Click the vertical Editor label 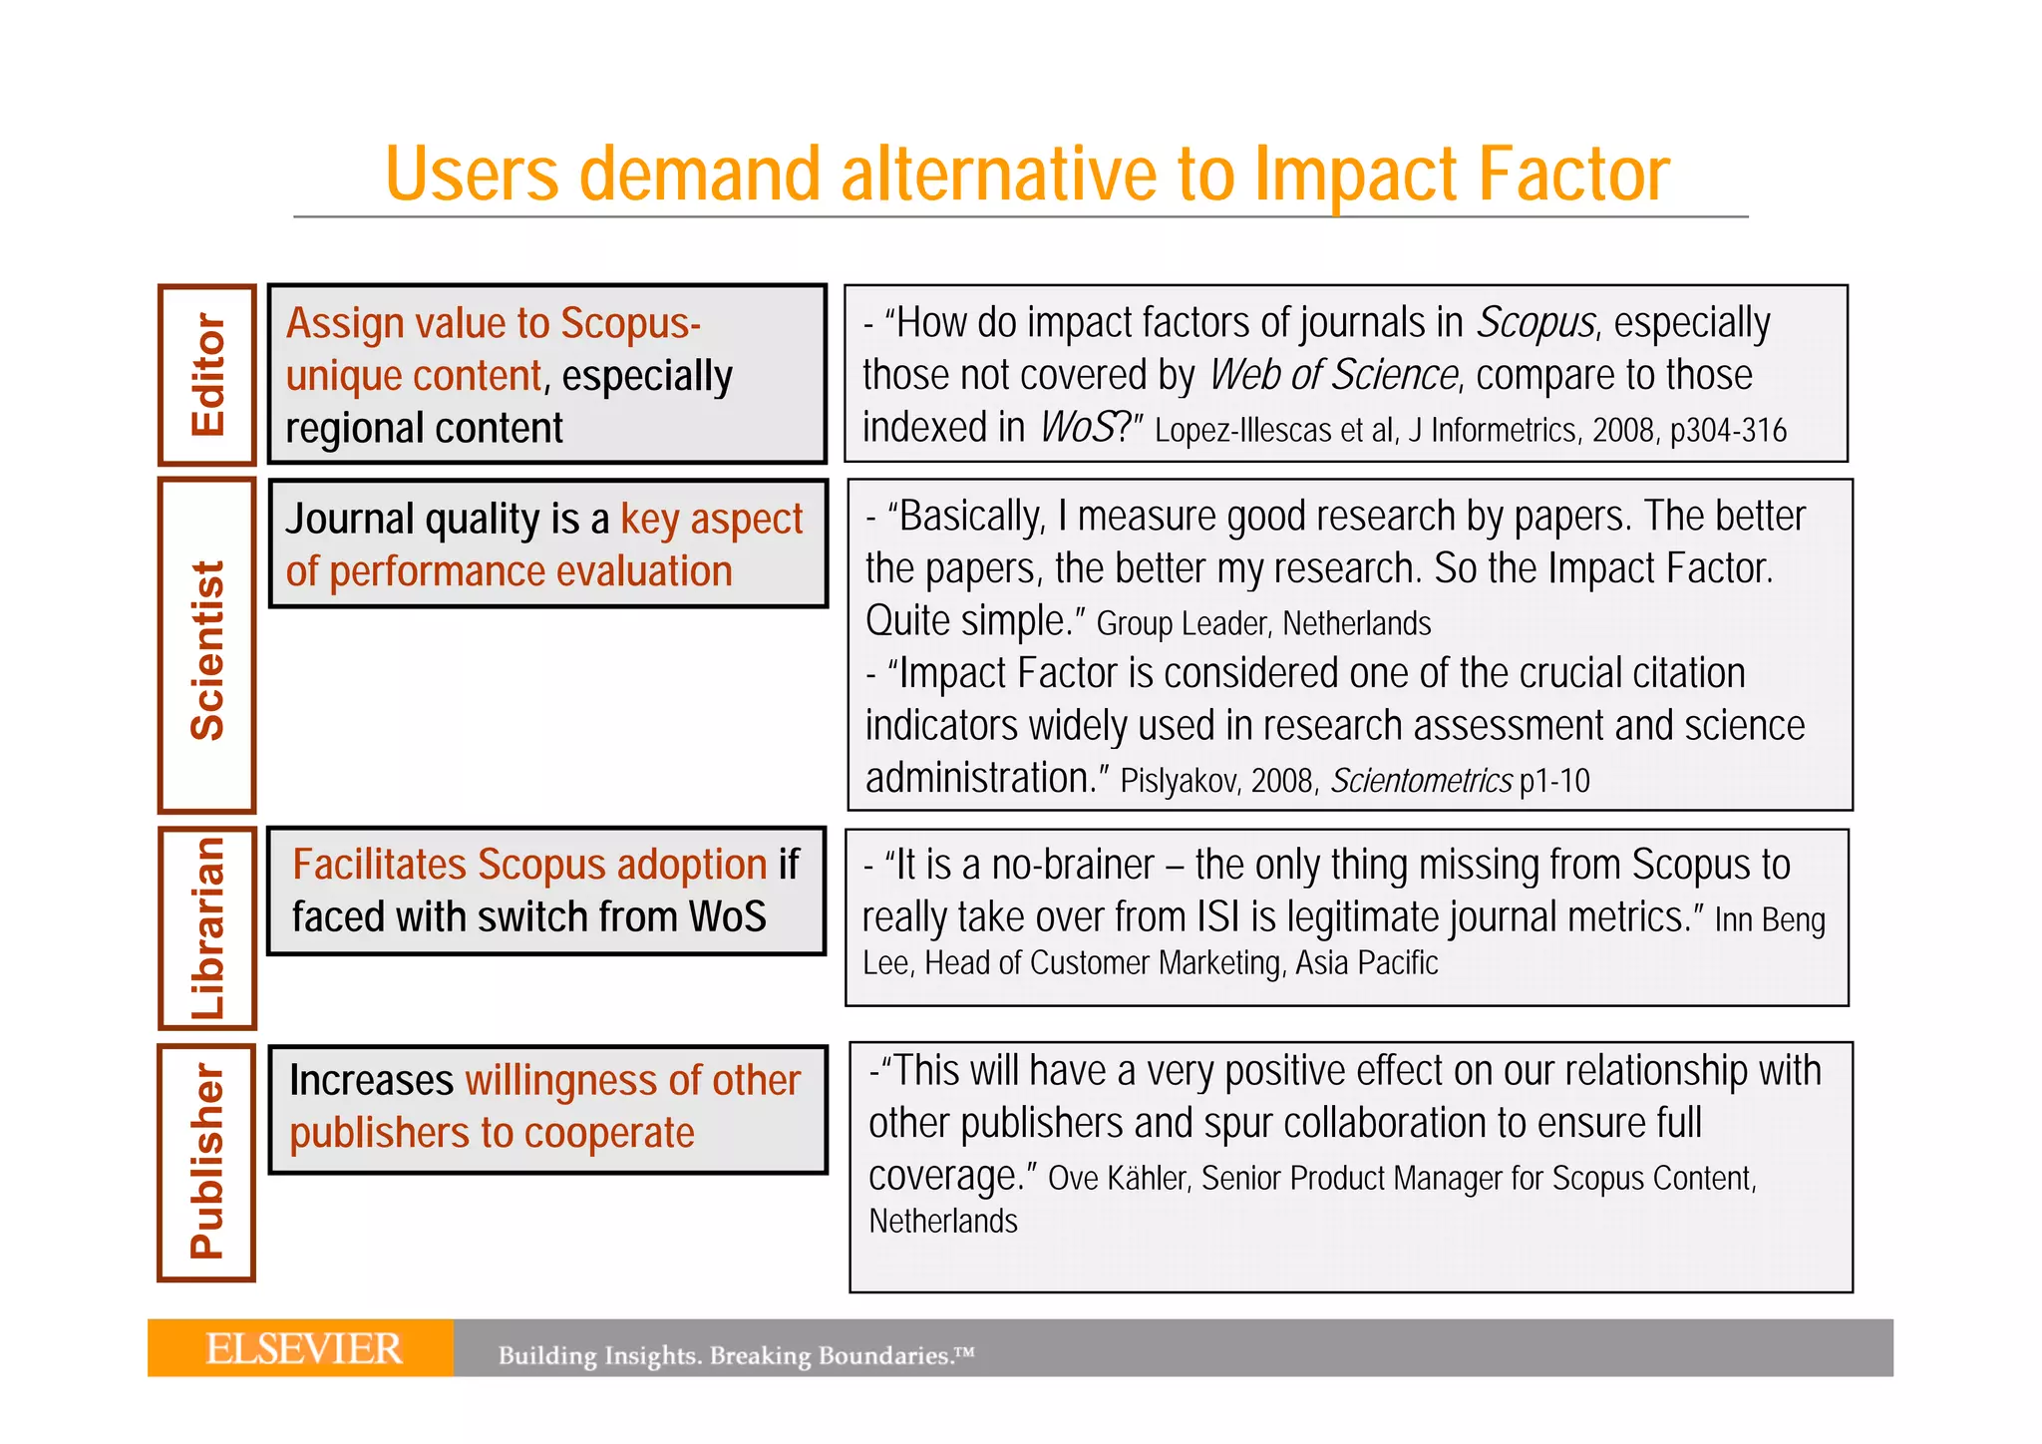pos(208,375)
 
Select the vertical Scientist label pos(208,649)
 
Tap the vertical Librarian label pos(208,927)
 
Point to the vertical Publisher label pos(208,1161)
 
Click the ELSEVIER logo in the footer pos(303,1348)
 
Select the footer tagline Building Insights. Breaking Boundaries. pos(736,1355)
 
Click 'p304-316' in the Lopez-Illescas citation pos(1728,431)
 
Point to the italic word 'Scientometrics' pos(1421,781)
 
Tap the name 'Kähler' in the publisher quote pos(1149,1179)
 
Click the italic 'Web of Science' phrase pos(1333,376)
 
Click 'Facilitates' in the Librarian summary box pos(380,866)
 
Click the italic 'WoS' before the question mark pos(1077,428)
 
